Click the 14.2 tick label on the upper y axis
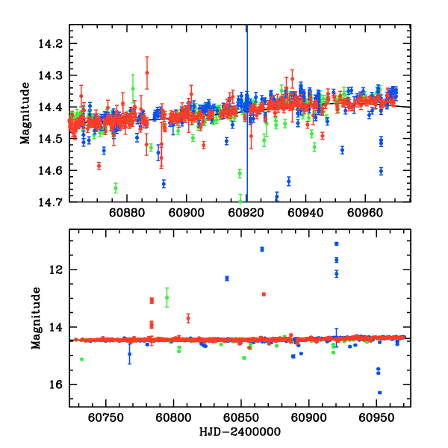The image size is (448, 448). [55, 44]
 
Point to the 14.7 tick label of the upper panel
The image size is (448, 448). [55, 202]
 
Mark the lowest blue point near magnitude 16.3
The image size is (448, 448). [380, 393]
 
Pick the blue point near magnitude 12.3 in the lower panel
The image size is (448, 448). [226, 279]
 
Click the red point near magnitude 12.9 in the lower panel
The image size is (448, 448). [264, 294]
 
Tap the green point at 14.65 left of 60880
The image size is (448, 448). [116, 187]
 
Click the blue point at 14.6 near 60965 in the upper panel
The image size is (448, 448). [381, 171]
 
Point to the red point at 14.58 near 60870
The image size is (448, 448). [99, 166]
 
